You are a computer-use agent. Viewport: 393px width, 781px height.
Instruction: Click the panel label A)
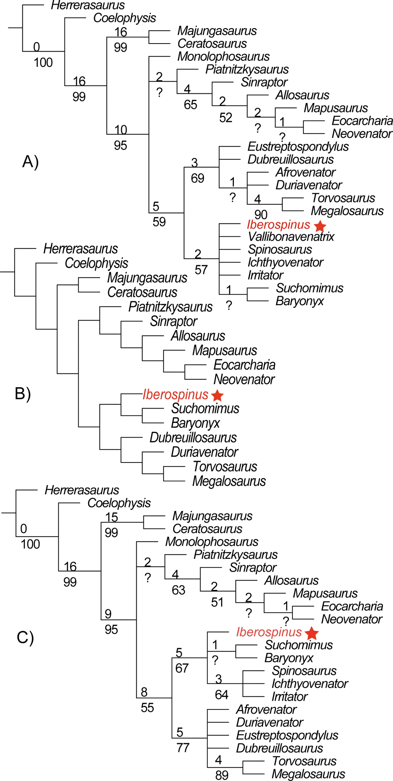click(30, 162)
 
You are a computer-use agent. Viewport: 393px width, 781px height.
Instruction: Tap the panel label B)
click(23, 393)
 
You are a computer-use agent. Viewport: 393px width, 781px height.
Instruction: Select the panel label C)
click(25, 637)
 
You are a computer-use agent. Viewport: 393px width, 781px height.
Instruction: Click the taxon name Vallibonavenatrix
click(291, 236)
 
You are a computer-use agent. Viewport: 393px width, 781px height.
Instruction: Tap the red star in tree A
click(320, 226)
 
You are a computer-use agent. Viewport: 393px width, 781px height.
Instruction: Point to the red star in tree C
click(311, 633)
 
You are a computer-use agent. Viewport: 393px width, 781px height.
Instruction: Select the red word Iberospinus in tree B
click(176, 395)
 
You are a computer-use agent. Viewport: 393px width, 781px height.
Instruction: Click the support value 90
click(261, 215)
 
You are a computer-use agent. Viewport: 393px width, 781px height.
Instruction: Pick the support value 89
click(222, 775)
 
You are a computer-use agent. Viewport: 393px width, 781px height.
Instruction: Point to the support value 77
click(183, 748)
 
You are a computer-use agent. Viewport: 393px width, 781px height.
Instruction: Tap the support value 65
click(190, 105)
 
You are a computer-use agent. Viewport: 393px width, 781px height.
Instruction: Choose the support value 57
click(201, 270)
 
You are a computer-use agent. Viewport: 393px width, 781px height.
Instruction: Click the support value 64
click(221, 695)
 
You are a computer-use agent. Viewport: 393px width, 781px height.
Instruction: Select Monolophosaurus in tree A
click(223, 57)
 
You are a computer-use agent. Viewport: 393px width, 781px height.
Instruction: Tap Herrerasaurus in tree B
click(81, 249)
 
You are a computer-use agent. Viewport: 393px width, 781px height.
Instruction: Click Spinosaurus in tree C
click(304, 671)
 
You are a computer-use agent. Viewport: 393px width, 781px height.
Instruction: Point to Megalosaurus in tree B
click(229, 481)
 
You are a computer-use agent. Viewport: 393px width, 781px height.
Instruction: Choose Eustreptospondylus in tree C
click(287, 735)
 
